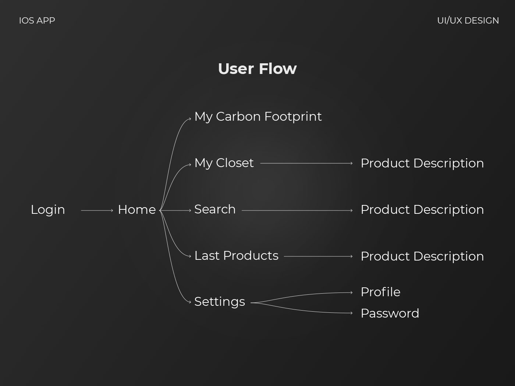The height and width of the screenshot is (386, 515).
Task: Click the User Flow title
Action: tap(257, 68)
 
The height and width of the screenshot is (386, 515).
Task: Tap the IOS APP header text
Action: tap(37, 21)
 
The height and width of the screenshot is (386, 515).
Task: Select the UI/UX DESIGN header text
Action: tap(468, 21)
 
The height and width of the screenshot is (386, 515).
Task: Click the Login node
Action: tap(48, 210)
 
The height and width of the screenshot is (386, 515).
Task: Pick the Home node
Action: tap(137, 209)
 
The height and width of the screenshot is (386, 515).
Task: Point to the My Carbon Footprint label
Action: tap(258, 117)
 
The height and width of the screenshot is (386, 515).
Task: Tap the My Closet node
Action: tap(224, 163)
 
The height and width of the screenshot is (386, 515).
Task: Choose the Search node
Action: tap(215, 209)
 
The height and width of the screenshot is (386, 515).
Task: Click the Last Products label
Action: tap(237, 255)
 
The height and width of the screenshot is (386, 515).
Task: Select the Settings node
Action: tap(220, 302)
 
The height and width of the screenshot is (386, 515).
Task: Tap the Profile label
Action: tap(381, 292)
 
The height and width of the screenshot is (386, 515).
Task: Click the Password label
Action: tap(390, 313)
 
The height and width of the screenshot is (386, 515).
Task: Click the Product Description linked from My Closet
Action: tap(422, 163)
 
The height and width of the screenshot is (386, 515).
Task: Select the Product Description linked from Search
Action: tap(422, 209)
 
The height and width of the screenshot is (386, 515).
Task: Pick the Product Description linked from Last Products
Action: tap(422, 256)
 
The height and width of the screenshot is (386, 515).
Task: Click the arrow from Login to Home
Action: tap(97, 210)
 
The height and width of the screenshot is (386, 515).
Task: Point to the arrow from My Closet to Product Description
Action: tap(306, 163)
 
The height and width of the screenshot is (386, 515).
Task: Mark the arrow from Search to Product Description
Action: tap(297, 210)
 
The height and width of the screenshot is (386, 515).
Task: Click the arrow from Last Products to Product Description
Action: tap(318, 256)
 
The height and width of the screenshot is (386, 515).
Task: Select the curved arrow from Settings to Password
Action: tap(300, 310)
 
